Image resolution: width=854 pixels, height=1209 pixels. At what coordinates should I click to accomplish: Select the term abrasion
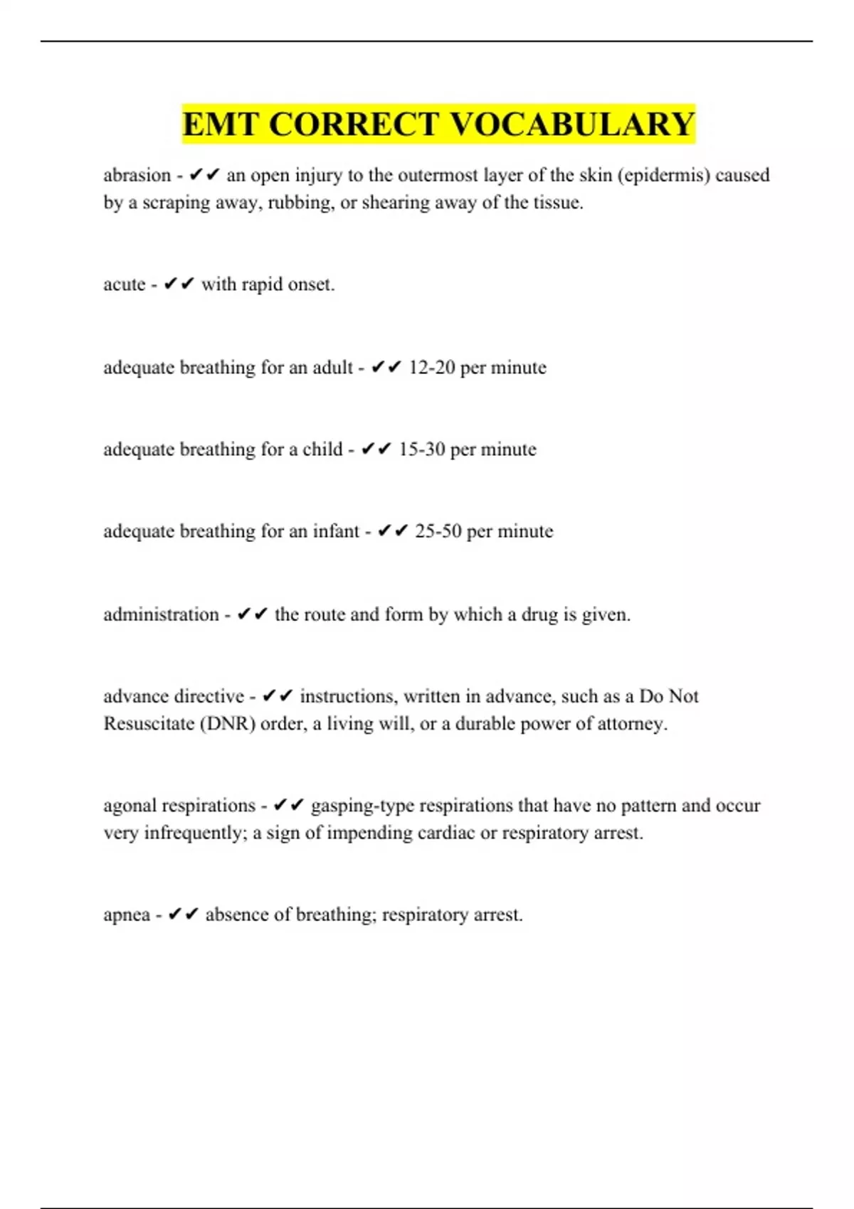[137, 175]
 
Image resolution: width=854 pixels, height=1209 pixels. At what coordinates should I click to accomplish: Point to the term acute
[125, 284]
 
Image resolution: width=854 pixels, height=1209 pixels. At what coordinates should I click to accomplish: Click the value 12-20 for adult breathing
[431, 368]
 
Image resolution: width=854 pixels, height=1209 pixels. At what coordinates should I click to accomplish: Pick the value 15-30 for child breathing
[421, 449]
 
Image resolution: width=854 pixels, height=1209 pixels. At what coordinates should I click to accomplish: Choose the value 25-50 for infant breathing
[438, 531]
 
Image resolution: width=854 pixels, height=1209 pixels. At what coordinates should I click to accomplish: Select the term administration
[161, 614]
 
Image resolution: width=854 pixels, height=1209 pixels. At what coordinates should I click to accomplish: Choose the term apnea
[127, 915]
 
